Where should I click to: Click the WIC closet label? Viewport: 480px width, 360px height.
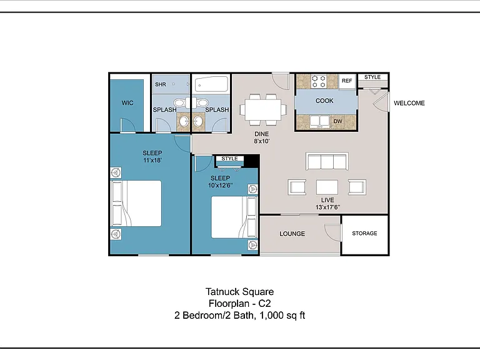[127, 103]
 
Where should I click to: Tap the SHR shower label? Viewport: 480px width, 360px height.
[161, 84]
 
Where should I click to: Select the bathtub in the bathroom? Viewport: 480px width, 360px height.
[211, 84]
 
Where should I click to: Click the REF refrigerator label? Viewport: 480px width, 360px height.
[347, 81]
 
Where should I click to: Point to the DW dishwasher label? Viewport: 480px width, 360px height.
[337, 121]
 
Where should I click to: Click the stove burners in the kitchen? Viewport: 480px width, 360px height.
[318, 81]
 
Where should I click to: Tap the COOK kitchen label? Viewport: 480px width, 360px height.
[324, 101]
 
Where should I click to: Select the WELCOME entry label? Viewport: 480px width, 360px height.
[409, 103]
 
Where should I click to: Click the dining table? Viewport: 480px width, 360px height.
[263, 109]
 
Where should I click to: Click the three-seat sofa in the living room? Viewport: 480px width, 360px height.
[327, 161]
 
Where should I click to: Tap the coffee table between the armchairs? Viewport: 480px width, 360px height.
[327, 187]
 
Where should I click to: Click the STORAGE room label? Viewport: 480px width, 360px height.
[364, 233]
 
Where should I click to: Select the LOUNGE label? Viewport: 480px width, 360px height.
[292, 234]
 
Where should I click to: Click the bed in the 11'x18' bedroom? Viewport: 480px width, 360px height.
[136, 203]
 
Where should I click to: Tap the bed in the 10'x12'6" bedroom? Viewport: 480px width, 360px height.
[234, 217]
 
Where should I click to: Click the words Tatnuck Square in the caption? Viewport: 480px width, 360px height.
[240, 291]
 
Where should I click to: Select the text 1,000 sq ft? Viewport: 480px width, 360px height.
[282, 315]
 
